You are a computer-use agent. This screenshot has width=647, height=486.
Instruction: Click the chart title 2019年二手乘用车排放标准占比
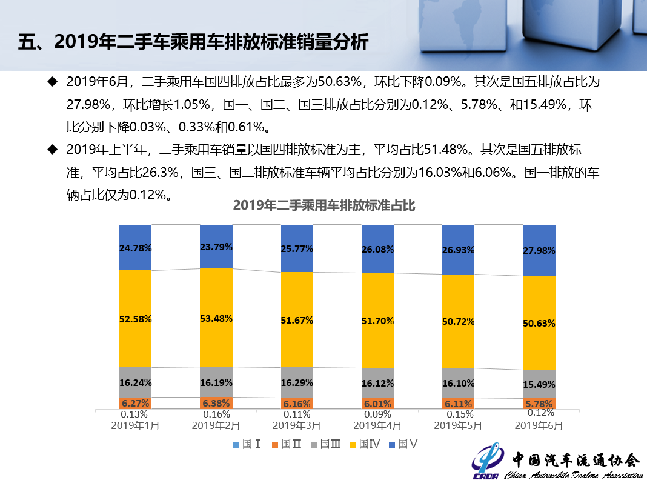[x=324, y=205]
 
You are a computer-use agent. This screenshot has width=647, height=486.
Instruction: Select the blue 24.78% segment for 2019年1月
[x=135, y=247]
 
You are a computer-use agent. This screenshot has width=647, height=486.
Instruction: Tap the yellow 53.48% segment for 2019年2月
[x=216, y=318]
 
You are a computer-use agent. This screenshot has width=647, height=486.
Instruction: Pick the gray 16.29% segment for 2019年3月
[x=297, y=382]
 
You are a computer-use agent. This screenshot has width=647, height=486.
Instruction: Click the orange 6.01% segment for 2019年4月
[x=377, y=404]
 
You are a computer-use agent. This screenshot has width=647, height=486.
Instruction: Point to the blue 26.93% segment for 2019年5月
[x=458, y=250]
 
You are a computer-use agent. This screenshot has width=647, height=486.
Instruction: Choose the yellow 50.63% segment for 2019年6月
[x=539, y=322]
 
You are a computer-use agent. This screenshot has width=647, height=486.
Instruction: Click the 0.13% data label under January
[x=134, y=414]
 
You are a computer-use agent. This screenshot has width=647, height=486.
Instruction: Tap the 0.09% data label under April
[x=377, y=414]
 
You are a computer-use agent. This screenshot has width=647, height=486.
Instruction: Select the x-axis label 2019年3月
[x=297, y=425]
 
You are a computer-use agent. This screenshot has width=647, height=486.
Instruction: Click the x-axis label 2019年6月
[x=539, y=425]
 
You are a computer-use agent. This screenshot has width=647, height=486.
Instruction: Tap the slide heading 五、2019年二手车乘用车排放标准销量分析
[x=193, y=42]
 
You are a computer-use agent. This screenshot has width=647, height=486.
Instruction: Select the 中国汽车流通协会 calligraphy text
[x=575, y=459]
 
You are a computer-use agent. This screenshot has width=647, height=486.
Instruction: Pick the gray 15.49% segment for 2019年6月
[x=539, y=384]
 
